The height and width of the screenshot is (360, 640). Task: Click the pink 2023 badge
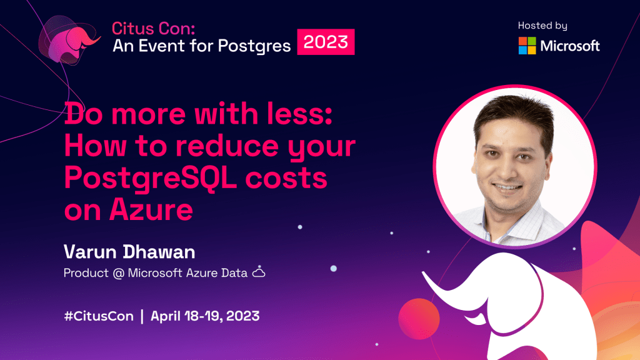(326, 42)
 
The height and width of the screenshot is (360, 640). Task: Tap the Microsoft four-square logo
(527, 46)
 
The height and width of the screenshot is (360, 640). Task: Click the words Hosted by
(542, 26)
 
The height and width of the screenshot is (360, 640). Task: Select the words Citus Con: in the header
(154, 29)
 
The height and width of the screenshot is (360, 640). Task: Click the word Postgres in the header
(254, 46)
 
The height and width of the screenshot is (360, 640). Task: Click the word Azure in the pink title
(151, 210)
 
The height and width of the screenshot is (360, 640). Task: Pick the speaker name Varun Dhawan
(129, 252)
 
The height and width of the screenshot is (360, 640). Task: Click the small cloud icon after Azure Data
(258, 272)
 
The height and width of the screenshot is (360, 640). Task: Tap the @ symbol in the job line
(118, 273)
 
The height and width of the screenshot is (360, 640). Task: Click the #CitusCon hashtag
(99, 316)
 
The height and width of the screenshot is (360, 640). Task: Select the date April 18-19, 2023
(205, 316)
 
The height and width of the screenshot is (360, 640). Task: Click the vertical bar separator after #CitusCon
(142, 316)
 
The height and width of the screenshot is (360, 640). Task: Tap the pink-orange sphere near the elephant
(419, 319)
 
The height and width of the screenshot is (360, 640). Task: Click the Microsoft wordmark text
(570, 46)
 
